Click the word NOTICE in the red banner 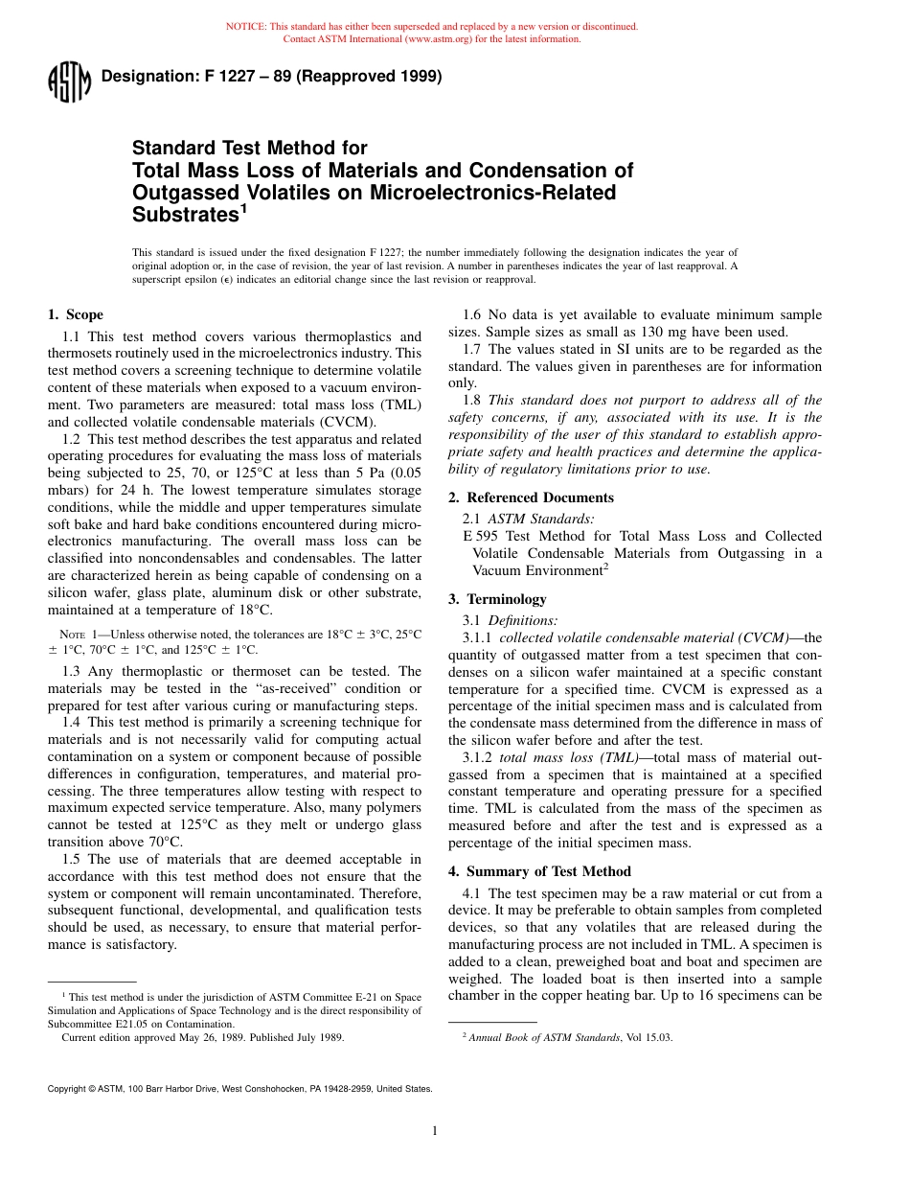coord(246,27)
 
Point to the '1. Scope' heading coord(76,314)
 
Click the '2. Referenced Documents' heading coord(531,497)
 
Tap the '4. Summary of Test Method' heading coord(539,871)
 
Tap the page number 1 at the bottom coord(435,1131)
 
